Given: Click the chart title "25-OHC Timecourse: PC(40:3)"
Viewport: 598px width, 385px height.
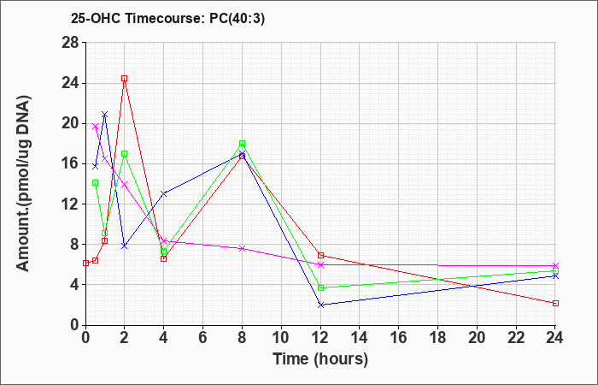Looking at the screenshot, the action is tap(167, 18).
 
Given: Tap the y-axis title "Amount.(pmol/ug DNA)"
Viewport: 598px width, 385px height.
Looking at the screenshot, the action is tap(23, 183).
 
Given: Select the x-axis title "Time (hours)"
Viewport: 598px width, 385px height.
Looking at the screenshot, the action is tap(320, 359).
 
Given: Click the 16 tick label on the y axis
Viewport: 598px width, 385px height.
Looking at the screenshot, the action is tap(70, 163).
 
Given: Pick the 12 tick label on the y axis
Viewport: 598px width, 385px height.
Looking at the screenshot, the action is tap(70, 204).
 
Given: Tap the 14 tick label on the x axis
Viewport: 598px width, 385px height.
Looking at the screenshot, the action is tap(360, 337).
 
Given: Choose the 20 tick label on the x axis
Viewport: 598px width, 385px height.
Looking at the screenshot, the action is tap(477, 337).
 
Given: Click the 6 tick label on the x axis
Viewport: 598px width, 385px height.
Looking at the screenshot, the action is tap(203, 337).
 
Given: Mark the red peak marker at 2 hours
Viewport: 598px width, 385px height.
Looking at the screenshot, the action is tap(125, 79).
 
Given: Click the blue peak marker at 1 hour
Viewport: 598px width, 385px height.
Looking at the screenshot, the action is tap(105, 115).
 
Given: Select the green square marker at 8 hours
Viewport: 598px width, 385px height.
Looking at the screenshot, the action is tap(242, 144).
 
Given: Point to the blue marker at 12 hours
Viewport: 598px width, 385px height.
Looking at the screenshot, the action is tap(320, 305).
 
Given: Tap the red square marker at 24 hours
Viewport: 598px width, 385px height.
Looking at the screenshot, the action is tap(555, 303).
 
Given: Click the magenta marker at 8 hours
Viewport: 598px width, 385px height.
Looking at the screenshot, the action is tap(242, 249).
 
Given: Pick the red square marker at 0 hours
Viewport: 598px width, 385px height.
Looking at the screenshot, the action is tap(85, 264).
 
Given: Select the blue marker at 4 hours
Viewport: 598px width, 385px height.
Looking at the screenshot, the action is tap(164, 193).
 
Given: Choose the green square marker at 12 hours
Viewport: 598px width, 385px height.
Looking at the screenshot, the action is tap(320, 287).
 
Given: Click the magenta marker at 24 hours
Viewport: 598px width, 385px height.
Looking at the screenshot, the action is tap(555, 265).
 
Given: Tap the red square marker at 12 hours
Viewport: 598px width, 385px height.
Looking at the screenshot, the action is tap(320, 255).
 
